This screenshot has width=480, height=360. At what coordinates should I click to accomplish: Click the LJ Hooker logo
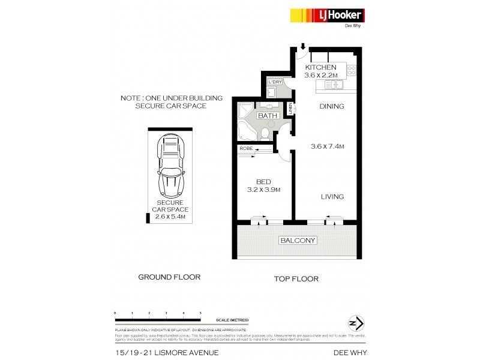click(x=327, y=16)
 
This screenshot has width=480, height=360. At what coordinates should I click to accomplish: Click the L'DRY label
click(x=275, y=82)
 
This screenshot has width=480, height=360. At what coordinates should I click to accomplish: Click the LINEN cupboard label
click(x=290, y=110)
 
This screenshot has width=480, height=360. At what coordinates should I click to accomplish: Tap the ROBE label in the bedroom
click(x=246, y=148)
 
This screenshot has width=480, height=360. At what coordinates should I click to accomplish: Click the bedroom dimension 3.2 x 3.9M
click(x=265, y=190)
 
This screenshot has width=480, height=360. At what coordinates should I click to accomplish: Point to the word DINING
click(x=331, y=107)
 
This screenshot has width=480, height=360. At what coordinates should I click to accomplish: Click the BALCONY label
click(x=298, y=241)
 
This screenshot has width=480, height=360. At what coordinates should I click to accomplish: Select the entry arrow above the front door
click(x=304, y=47)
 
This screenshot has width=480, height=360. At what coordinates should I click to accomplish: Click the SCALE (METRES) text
click(x=230, y=320)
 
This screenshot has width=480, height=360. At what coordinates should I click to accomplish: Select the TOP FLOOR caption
click(x=296, y=279)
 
